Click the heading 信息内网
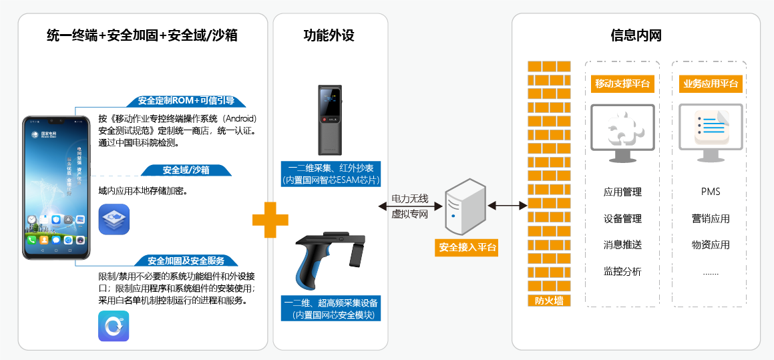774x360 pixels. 636,35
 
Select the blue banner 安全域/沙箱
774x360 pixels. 186,170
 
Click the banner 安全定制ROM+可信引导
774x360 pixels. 186,101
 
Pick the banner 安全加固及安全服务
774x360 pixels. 186,260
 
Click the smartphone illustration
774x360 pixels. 57,188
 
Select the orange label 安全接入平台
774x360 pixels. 467,247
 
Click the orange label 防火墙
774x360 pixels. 549,301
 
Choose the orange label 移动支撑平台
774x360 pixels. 622,84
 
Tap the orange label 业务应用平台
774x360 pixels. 711,84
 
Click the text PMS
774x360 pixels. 711,192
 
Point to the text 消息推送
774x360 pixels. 622,245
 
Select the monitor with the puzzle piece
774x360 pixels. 622,134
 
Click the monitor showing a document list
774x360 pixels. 711,134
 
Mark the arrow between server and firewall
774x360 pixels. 508,205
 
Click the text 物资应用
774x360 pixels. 711,245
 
